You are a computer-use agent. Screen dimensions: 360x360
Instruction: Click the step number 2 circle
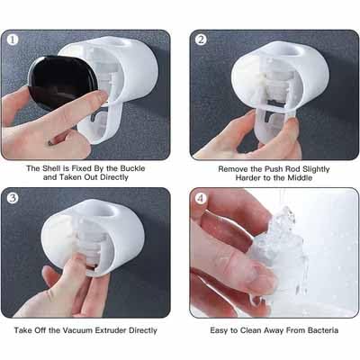click(202, 40)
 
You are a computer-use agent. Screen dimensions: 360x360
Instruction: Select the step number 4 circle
click(202, 198)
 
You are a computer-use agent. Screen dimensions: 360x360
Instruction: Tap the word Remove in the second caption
click(211, 168)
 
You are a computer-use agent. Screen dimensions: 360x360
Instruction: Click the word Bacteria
click(321, 331)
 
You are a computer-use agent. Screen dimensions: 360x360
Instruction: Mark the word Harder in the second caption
click(246, 178)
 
